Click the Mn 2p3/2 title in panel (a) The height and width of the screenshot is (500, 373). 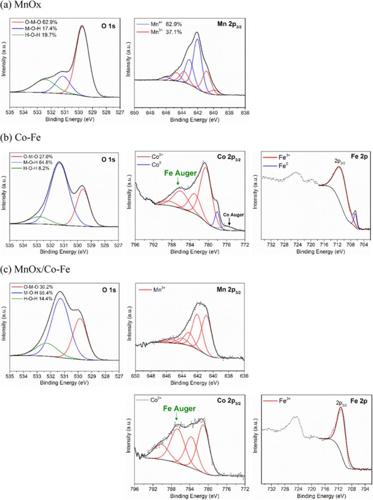(x=228, y=24)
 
